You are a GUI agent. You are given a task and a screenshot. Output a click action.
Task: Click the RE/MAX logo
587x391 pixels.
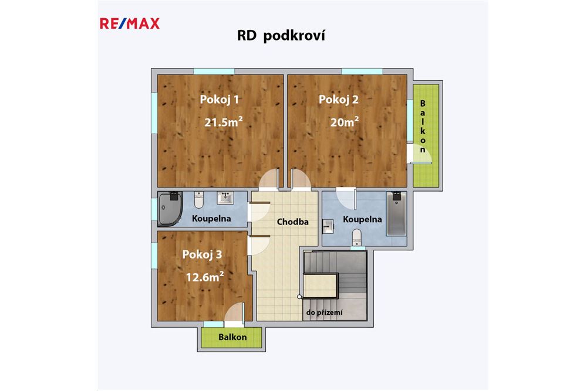coord(129,24)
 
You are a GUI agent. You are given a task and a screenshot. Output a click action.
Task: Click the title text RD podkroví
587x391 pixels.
coord(281,36)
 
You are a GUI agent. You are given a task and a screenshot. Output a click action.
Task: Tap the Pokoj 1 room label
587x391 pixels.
coord(220,100)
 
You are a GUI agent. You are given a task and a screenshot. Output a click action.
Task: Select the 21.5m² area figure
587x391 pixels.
coord(224,123)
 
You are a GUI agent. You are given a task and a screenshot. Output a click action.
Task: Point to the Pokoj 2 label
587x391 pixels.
coord(338,100)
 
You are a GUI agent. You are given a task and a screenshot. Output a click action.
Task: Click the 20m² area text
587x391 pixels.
coord(345,123)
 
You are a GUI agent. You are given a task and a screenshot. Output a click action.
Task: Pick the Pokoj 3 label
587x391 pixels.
coord(202,254)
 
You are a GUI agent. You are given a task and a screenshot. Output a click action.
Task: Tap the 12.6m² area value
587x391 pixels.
coord(205,276)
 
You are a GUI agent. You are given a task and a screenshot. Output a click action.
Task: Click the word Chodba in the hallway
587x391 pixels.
coord(292,222)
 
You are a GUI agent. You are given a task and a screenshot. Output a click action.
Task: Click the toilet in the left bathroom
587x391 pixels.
coord(198,202)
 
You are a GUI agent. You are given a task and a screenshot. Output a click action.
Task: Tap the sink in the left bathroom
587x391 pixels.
coord(226,199)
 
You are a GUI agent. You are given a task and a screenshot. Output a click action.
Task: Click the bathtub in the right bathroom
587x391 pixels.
coord(397,214)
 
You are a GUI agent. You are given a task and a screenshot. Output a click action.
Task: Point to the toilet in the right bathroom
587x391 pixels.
coord(356,237)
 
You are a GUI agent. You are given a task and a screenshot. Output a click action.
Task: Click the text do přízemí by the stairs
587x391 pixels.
coord(324,313)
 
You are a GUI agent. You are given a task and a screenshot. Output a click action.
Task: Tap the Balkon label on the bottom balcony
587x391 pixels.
coord(232,337)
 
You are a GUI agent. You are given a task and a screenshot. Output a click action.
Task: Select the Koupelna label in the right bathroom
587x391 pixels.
coord(362,220)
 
